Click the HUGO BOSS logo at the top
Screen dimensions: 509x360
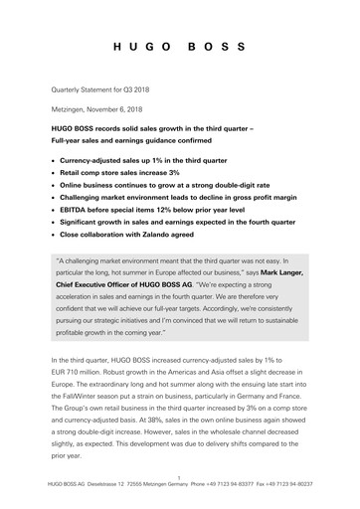point(179,47)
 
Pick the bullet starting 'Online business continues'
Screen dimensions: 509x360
point(154,185)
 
